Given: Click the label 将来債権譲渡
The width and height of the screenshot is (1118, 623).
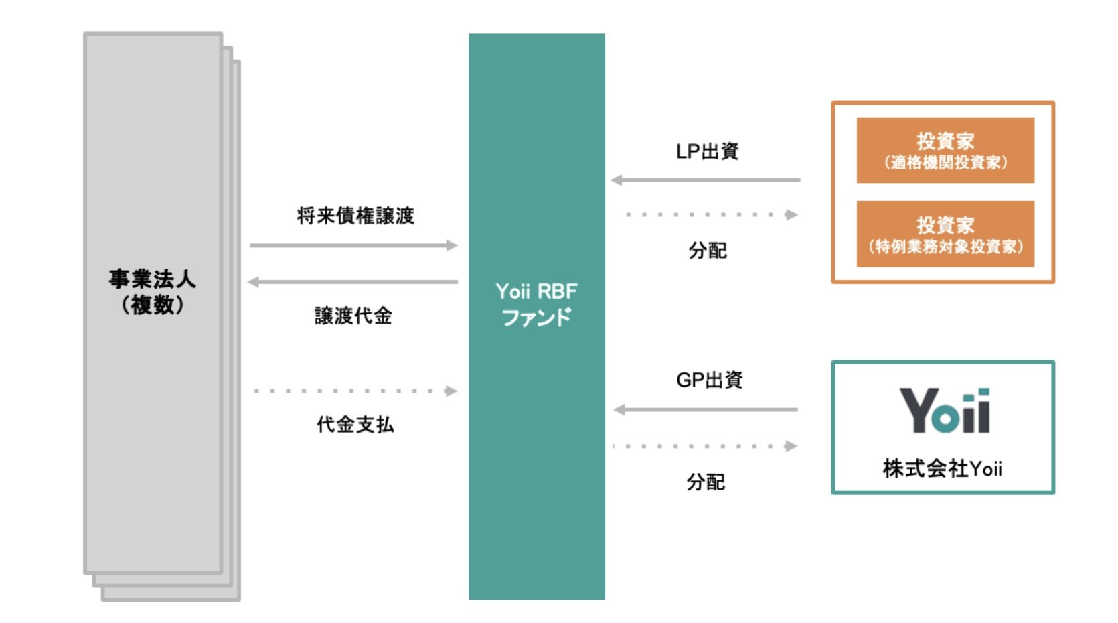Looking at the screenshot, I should tap(355, 216).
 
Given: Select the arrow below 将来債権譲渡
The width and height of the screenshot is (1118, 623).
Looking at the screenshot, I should tap(353, 245).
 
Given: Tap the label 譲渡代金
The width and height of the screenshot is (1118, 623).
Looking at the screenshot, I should tap(353, 316).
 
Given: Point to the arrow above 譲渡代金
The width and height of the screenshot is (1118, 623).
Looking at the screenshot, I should tap(353, 282).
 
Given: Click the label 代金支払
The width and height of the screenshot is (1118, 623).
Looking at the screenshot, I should tap(355, 424).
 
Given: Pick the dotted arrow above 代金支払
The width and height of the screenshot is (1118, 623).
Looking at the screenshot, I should tap(355, 391).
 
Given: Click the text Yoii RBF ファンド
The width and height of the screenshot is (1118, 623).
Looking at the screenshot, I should tap(536, 304).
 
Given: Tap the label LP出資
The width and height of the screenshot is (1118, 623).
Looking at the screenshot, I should tap(707, 151).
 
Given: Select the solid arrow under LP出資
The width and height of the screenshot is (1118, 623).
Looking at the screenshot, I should tap(706, 180).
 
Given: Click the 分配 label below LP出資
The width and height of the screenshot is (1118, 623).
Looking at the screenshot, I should tap(708, 251).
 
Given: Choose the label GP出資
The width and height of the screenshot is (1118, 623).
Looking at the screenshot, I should tap(710, 380).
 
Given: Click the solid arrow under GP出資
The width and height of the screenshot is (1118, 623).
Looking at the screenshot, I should tap(706, 409).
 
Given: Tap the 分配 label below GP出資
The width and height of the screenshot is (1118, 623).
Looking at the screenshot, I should tap(706, 482).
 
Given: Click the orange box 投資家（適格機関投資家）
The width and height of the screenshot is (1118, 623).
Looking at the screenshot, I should tap(945, 150).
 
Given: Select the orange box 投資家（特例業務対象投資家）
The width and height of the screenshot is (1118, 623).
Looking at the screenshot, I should tap(945, 234).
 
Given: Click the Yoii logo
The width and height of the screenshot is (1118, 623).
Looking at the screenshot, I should tap(944, 411).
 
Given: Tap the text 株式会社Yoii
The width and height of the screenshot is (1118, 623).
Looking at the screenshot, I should tap(943, 468).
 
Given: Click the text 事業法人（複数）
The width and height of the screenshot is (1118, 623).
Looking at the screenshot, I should tap(153, 291).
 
